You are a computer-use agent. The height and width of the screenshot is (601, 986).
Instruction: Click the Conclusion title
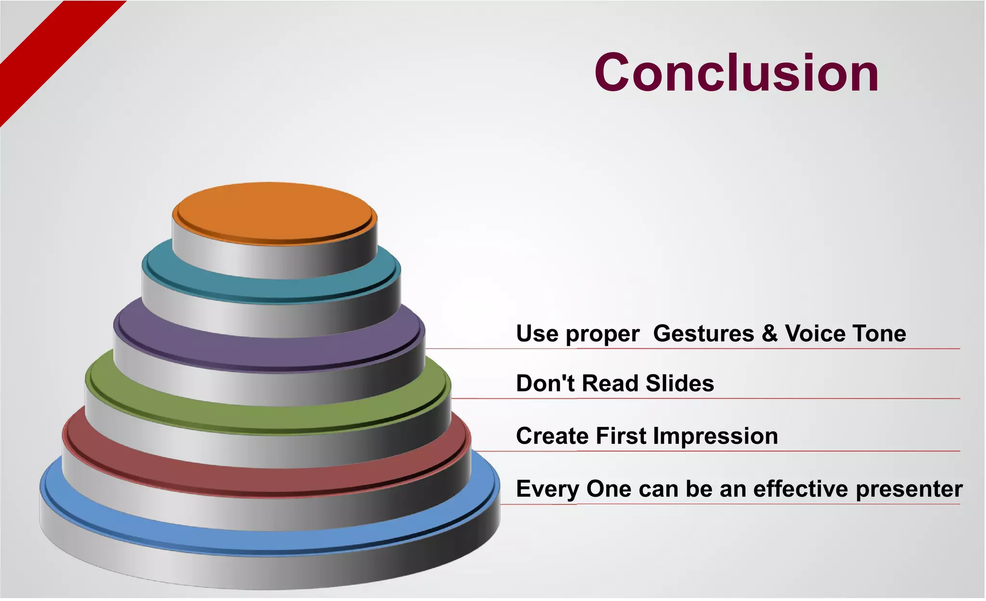737,73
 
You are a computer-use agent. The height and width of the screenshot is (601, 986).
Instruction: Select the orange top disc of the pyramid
274,212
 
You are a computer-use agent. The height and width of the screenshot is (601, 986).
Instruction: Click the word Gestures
703,334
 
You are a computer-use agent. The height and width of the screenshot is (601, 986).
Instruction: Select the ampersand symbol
769,334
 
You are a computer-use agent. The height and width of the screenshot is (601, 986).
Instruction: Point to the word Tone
879,334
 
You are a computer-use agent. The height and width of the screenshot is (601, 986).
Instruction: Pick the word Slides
679,384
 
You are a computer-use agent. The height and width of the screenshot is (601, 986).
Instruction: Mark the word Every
548,490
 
